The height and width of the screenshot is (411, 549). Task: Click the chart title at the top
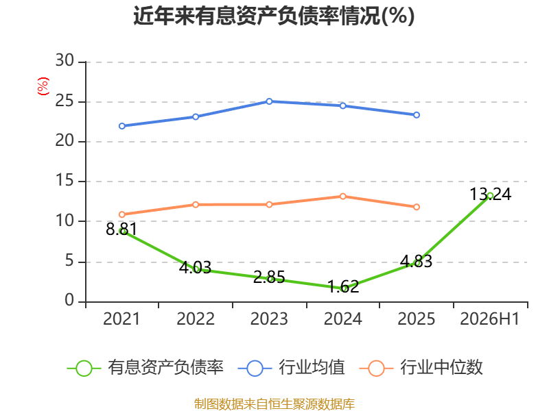coord(274,16)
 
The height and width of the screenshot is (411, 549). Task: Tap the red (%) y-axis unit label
coord(43,86)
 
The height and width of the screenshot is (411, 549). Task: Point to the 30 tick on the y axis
coord(65,61)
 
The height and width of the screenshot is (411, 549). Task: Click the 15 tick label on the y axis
coord(65,181)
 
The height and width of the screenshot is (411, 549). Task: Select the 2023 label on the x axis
coord(269,319)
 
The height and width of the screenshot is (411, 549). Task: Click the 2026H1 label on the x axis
coord(489,319)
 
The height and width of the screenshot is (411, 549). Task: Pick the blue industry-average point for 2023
coord(269,101)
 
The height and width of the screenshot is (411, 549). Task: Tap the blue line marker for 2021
coord(122,126)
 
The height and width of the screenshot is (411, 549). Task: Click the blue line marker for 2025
coord(417,115)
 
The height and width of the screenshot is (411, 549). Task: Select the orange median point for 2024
coord(342,197)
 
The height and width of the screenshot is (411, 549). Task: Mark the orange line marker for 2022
coord(196,204)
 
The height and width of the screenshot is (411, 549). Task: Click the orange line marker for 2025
coord(417,207)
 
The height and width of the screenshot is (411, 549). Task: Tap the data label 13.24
coord(490,195)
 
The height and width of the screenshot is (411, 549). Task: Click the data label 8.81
coord(121,229)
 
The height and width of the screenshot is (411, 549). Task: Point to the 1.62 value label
coord(343,286)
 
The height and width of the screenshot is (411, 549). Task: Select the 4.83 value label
coord(417,262)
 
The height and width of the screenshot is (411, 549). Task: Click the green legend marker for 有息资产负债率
coord(84,369)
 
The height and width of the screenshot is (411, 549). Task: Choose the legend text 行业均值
coord(312,367)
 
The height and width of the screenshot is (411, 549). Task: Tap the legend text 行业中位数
coord(441,367)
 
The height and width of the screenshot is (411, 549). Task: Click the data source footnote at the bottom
coord(274,404)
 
